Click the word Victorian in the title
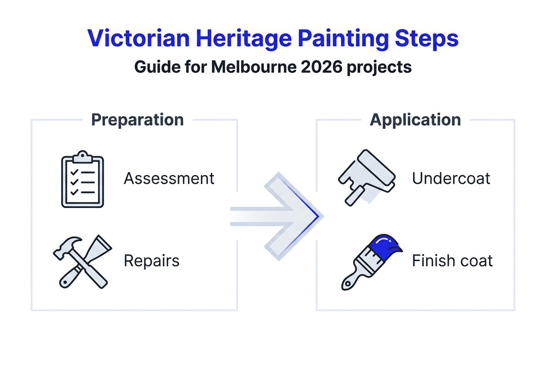(138, 38)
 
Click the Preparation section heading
(137, 120)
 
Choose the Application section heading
(415, 120)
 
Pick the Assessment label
(169, 178)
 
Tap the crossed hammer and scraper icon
(82, 261)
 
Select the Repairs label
(151, 261)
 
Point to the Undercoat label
(451, 178)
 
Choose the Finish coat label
(452, 261)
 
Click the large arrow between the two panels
(281, 216)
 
